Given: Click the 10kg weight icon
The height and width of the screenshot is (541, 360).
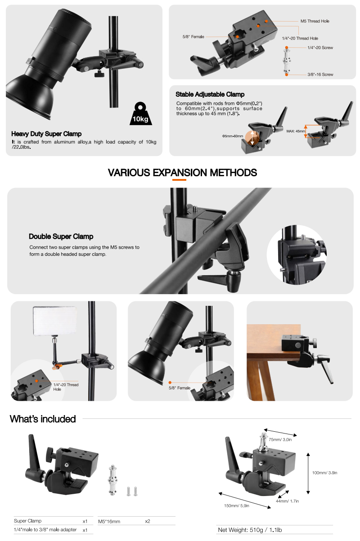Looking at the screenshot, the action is [141, 113].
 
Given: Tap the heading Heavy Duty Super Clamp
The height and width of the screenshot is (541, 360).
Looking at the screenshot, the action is [46, 134].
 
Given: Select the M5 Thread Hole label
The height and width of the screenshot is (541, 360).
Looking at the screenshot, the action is [315, 21].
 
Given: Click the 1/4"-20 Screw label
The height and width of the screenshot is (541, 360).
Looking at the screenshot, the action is [320, 48].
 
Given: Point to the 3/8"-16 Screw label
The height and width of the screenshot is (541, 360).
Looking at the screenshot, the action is [320, 74].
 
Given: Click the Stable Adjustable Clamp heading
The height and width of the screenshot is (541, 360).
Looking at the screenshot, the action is [210, 94].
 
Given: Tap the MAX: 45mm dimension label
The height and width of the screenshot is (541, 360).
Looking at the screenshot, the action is [296, 131].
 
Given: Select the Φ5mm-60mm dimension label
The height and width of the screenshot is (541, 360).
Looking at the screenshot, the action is [233, 136].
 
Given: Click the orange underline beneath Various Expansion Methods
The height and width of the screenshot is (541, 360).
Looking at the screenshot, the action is [179, 180].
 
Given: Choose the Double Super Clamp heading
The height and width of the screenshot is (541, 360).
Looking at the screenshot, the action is [61, 236].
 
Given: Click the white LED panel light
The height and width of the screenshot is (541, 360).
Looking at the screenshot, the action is [55, 321].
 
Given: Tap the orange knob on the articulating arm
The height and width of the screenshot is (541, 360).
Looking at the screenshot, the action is [57, 367].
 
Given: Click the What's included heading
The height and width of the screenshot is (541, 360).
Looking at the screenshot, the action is [43, 419].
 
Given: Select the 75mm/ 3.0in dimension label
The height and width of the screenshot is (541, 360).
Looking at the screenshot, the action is [280, 439].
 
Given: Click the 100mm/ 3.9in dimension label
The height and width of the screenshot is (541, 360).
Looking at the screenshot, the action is [324, 473].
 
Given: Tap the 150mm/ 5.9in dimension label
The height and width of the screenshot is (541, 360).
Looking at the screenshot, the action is [237, 505].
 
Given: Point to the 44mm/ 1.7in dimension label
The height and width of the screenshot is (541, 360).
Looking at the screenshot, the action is [287, 501].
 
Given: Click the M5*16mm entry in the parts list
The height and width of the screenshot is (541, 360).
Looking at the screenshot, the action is [109, 521].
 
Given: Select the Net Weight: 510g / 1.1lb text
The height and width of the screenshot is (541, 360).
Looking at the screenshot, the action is [250, 530].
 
